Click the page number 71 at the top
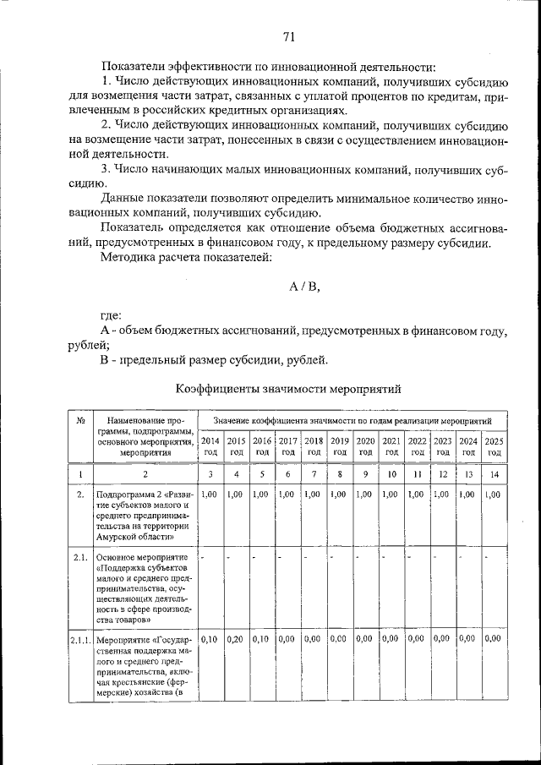(288, 36)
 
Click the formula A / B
(304, 286)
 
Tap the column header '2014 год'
(210, 445)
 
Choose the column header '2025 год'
(495, 445)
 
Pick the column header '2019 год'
(340, 445)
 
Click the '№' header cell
(79, 420)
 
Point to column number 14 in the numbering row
(495, 475)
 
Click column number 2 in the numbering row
(145, 475)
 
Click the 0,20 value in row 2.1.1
(236, 639)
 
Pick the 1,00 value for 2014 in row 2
(210, 494)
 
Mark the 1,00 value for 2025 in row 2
(495, 494)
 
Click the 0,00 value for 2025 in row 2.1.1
(495, 639)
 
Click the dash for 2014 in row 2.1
(204, 558)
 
